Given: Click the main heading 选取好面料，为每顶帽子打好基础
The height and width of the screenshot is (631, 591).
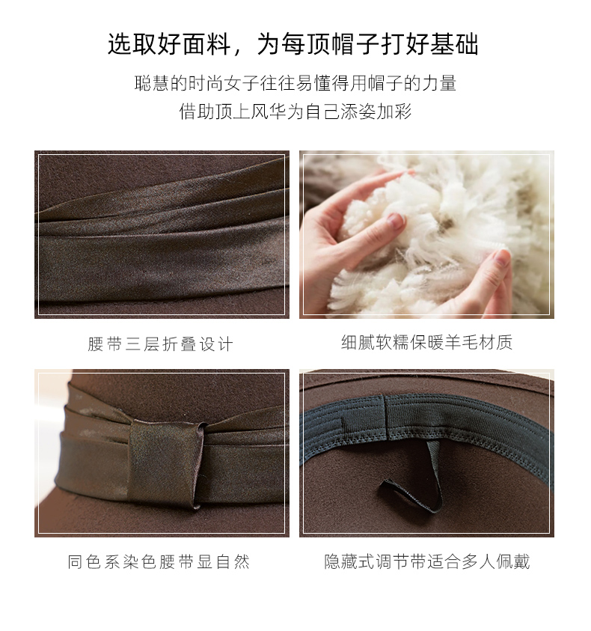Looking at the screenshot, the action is (293, 44).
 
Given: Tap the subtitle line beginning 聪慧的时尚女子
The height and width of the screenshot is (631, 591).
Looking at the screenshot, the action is (295, 83).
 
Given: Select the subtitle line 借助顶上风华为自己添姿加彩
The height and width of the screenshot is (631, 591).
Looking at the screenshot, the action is (295, 112).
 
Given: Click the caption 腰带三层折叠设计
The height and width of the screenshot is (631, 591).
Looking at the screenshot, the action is (160, 344).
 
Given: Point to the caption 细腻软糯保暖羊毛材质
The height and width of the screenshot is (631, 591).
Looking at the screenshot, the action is (427, 343).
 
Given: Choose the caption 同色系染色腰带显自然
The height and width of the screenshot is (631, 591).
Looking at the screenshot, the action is (159, 561).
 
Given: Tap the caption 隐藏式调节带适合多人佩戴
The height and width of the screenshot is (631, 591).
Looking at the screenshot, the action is (427, 561).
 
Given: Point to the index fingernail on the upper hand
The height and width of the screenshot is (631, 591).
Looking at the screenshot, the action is (396, 221).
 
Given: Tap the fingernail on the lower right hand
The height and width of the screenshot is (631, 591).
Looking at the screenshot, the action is (502, 257).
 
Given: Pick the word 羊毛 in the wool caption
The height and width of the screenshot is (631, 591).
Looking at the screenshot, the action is (462, 343).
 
